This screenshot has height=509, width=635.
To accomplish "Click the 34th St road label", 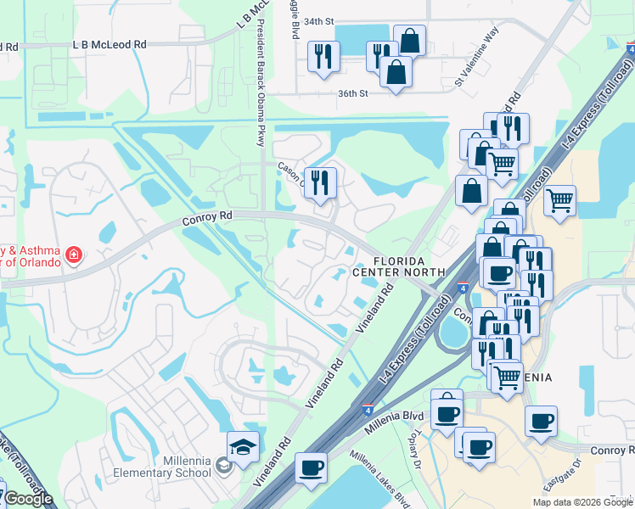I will (x=321, y=21).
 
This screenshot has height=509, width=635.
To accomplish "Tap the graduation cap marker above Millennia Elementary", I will (x=244, y=448).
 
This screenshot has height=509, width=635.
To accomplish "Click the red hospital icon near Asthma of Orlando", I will (x=74, y=255).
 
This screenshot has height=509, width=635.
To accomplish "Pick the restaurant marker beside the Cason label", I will (x=320, y=183).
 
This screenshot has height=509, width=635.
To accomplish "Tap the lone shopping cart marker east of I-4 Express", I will (x=559, y=202).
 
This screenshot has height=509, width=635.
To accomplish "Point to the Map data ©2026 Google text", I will (x=581, y=501).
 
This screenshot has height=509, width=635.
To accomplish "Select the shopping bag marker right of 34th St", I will (x=409, y=41).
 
